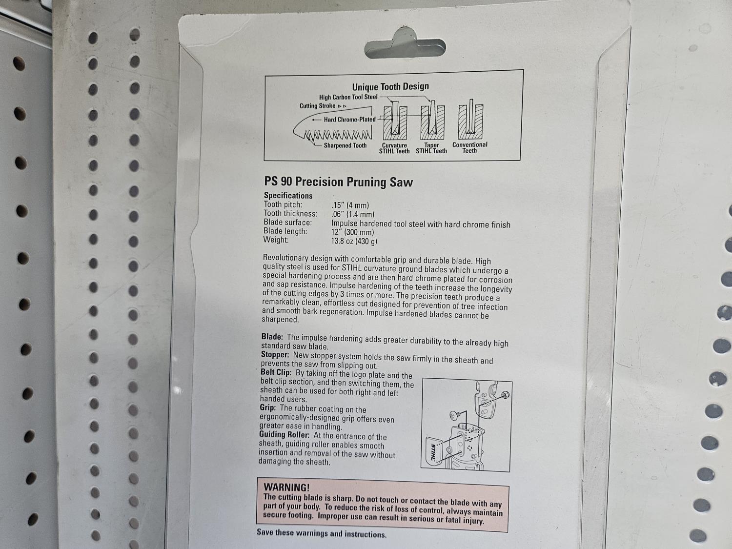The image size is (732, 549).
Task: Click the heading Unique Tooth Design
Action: click(x=390, y=87)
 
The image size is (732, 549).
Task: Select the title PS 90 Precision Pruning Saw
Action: click(x=339, y=182)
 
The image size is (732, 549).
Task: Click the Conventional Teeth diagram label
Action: click(x=469, y=148)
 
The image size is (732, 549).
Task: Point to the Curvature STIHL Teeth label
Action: click(x=394, y=148)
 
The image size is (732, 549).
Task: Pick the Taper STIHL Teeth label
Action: click(x=431, y=148)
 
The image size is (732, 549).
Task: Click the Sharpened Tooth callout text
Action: click(x=345, y=145)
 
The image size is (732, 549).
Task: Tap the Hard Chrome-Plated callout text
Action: click(x=349, y=120)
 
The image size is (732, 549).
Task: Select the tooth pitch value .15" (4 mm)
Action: click(x=350, y=205)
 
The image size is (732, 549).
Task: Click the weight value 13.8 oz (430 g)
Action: click(x=354, y=241)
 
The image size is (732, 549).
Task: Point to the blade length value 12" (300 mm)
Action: click(x=352, y=232)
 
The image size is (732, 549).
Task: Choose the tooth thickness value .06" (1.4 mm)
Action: click(x=353, y=214)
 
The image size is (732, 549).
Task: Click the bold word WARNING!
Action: click(x=286, y=488)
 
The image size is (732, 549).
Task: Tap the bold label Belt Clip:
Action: click(x=276, y=372)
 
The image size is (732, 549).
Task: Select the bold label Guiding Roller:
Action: click(x=284, y=435)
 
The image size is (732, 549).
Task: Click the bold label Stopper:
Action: click(x=275, y=355)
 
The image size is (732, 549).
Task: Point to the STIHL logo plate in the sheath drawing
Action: click(x=434, y=453)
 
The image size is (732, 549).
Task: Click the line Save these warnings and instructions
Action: click(x=322, y=533)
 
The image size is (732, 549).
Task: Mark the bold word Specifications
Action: click(x=288, y=196)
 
